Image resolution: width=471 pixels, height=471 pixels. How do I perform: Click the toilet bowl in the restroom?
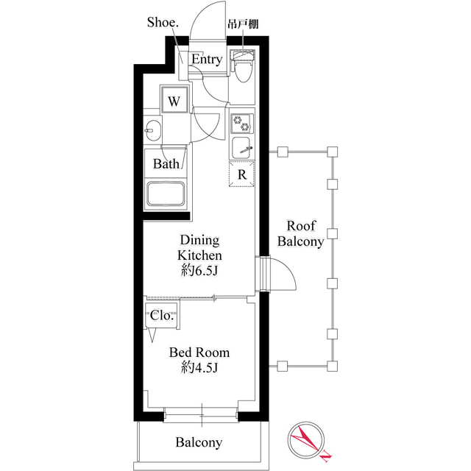pos(242,71)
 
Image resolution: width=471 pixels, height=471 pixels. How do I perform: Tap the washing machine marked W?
pos(174,100)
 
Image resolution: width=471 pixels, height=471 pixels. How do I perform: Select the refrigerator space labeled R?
pos(241,174)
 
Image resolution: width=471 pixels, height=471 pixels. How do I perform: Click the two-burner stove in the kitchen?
pos(242,124)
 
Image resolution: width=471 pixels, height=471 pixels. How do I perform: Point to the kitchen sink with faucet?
pos(241,148)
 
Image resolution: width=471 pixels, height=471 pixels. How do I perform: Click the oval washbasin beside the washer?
pos(152,131)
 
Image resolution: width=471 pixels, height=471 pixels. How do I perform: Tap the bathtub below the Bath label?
pos(165,194)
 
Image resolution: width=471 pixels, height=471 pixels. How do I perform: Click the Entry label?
pos(207,59)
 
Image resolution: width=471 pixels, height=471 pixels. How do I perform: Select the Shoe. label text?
pos(163,22)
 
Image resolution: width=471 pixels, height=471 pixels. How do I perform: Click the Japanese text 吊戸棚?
pos(243,24)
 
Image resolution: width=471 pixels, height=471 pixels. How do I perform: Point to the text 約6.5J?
pos(199,271)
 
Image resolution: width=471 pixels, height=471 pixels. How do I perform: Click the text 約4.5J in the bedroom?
pos(199,367)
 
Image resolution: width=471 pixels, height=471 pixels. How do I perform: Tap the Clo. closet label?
pos(162,316)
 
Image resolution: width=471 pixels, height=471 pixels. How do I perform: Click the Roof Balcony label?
pos(301,233)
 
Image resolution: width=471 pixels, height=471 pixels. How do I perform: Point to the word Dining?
pos(199,241)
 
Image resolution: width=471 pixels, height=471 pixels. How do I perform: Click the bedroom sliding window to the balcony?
pos(201,415)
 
